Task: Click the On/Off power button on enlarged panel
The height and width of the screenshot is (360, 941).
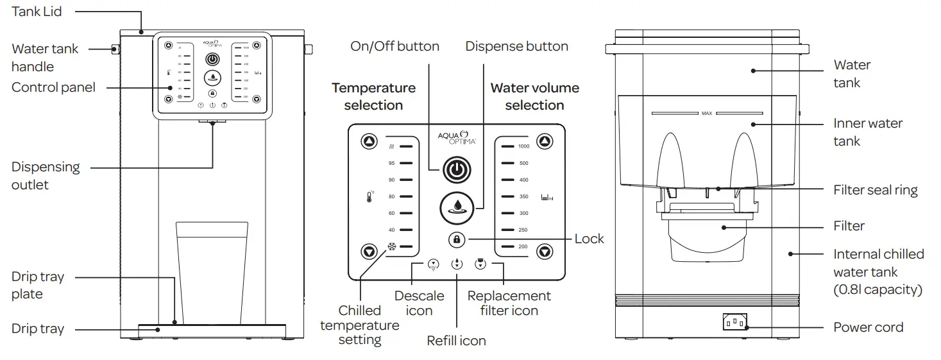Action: click(455, 170)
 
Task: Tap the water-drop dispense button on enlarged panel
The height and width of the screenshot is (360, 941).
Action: click(456, 207)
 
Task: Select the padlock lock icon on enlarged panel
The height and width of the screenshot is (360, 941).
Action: click(456, 239)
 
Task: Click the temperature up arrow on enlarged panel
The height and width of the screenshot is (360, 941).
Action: click(369, 142)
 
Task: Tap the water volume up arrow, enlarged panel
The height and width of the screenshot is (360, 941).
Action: click(545, 142)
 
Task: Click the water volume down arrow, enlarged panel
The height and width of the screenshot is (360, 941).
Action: click(545, 251)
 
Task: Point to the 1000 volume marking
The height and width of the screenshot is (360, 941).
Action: click(523, 146)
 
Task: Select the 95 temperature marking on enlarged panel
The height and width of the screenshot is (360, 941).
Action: click(391, 163)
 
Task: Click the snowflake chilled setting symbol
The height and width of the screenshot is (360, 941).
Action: click(391, 246)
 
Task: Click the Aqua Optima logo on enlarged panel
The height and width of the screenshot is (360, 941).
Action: click(456, 138)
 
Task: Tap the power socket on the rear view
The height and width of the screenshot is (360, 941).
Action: click(734, 321)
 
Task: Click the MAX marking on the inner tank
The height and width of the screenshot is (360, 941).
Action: click(706, 114)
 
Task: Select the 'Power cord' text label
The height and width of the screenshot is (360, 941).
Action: click(868, 327)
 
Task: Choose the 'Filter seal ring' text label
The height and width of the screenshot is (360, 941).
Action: click(875, 190)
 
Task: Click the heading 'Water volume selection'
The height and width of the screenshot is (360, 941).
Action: click(534, 96)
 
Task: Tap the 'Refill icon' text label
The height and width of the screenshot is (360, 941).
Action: click(456, 341)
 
